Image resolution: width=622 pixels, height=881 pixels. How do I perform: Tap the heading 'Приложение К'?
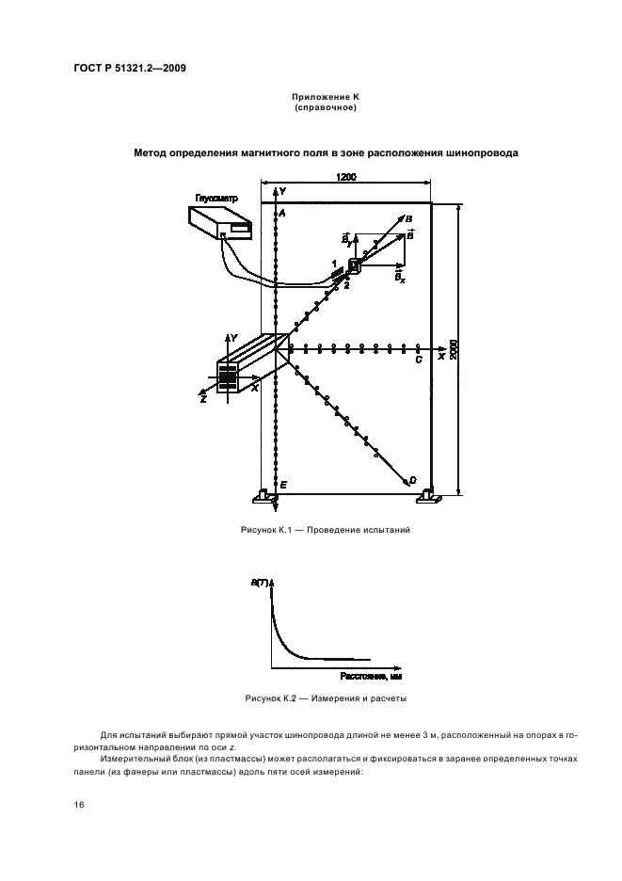tap(325, 97)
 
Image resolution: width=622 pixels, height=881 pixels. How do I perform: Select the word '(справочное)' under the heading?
tap(325, 107)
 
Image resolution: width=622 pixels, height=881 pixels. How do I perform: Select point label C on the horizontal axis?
tap(418, 359)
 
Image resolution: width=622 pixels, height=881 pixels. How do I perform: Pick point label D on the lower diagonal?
tap(412, 480)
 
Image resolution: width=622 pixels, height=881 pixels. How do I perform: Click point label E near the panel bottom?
tap(283, 483)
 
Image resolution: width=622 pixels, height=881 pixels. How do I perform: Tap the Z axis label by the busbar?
tap(202, 398)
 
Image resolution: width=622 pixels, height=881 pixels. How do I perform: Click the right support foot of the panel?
tap(428, 494)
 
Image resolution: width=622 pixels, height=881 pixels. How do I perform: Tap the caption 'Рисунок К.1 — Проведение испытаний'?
tap(325, 530)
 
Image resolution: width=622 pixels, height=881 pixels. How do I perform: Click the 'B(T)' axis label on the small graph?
tap(259, 585)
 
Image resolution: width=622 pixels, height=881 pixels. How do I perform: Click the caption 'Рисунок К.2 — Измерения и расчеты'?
tap(325, 698)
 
